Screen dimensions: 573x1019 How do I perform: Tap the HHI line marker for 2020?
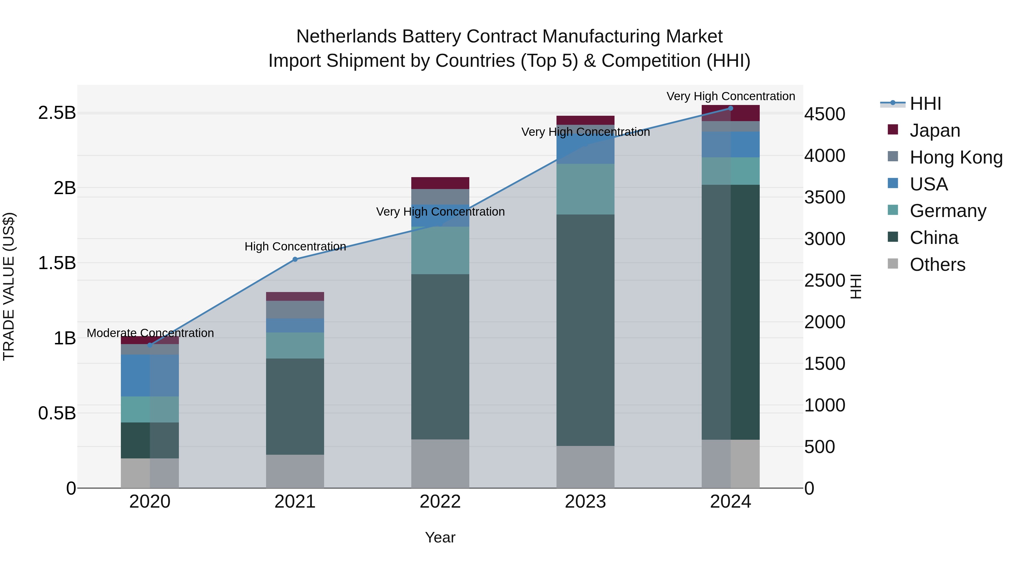(x=150, y=345)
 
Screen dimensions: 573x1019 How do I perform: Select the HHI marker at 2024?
(x=730, y=108)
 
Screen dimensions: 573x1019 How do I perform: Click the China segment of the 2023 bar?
(x=585, y=330)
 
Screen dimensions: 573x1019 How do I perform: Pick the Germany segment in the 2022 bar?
(x=440, y=250)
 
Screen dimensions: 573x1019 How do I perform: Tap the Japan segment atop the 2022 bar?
(x=440, y=183)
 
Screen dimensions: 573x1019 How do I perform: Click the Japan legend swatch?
(x=893, y=130)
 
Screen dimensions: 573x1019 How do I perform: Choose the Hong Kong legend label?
(x=956, y=157)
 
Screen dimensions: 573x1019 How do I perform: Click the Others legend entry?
(x=937, y=265)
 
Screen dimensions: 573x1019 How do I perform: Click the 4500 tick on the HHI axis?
(x=825, y=114)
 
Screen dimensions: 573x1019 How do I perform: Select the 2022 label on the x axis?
(x=440, y=502)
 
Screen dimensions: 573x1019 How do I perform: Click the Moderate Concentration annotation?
(x=150, y=333)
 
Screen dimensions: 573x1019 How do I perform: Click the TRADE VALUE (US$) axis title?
(x=9, y=286)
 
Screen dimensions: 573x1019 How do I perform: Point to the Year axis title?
(x=440, y=537)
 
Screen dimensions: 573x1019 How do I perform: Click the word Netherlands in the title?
(x=346, y=37)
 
